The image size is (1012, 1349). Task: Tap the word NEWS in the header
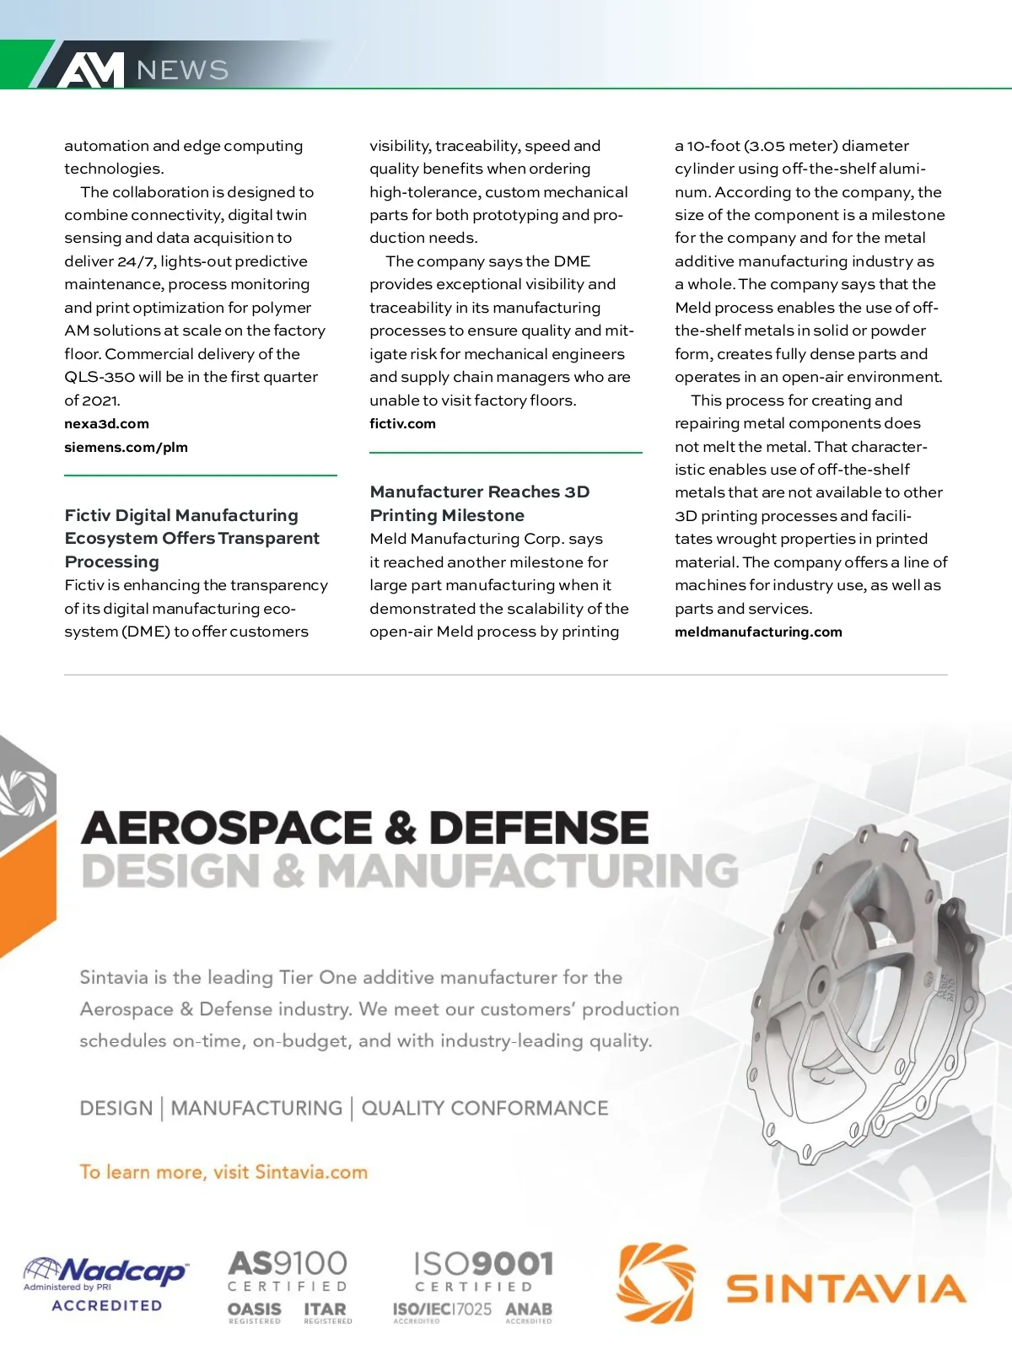click(182, 70)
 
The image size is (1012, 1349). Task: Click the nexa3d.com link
click(106, 423)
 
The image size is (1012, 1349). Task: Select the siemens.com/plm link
click(126, 447)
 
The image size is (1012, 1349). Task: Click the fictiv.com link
click(402, 423)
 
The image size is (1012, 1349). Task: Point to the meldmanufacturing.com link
click(758, 632)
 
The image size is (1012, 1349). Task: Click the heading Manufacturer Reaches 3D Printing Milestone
click(479, 503)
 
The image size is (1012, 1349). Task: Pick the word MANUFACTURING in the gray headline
click(527, 871)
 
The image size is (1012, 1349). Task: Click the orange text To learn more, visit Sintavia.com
click(223, 1172)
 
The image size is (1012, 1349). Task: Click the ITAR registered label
click(326, 1312)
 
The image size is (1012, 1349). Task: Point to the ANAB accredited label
click(529, 1312)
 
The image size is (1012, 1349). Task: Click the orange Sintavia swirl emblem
click(656, 1282)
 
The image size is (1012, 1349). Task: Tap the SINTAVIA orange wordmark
click(846, 1288)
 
